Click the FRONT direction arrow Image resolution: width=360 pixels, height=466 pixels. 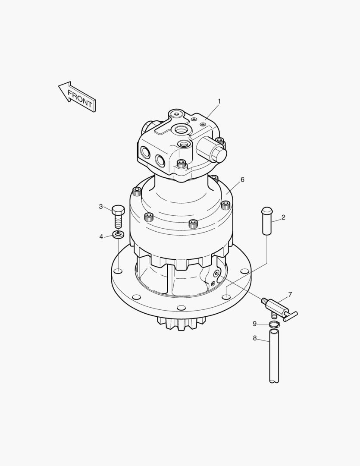tap(77, 97)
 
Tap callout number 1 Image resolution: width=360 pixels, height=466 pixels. tap(219, 102)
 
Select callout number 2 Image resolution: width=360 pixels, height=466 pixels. tap(283, 217)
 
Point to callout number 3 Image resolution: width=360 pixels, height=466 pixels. tap(101, 207)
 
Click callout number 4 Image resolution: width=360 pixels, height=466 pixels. tap(101, 236)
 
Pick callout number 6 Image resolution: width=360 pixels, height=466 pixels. tap(242, 180)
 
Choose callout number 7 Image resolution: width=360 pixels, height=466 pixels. tap(290, 295)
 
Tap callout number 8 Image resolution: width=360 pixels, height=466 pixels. tap(254, 338)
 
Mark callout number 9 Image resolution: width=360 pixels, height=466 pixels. tap(254, 324)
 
